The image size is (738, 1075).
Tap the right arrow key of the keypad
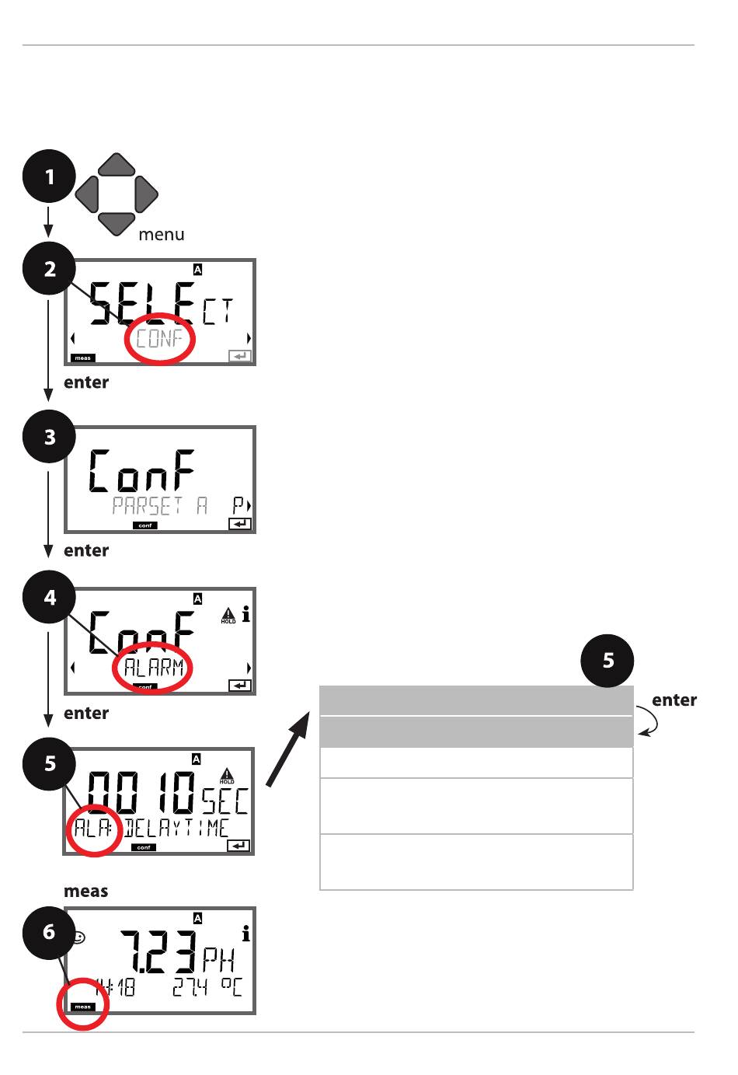click(145, 194)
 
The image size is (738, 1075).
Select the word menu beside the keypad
click(162, 234)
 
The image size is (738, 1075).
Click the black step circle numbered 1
click(49, 177)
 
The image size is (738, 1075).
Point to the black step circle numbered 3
click(50, 437)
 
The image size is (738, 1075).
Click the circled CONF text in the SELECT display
click(159, 339)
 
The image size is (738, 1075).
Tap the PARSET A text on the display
click(160, 506)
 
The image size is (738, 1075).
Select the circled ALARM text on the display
click(154, 667)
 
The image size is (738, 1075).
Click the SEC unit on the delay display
click(225, 801)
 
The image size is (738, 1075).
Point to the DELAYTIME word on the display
click(177, 828)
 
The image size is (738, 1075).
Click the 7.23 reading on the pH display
click(158, 952)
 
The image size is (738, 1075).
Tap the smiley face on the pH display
click(78, 937)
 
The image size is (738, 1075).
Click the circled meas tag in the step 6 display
click(82, 1007)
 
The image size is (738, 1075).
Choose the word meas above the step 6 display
click(85, 891)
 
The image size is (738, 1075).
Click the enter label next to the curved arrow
click(674, 700)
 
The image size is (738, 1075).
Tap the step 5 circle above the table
click(608, 661)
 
